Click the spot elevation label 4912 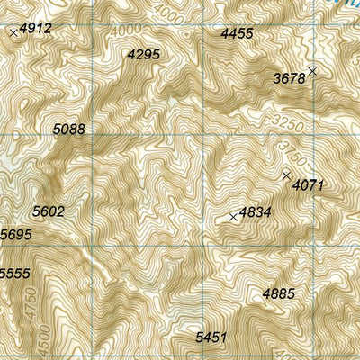tap(36, 29)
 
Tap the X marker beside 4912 tap(13, 32)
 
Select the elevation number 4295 tap(144, 55)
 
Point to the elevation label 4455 tap(237, 33)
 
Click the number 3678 tap(289, 79)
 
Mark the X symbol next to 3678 tap(312, 70)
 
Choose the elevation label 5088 tap(69, 130)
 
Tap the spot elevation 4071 tap(308, 185)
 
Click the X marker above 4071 tap(287, 175)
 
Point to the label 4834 tap(256, 213)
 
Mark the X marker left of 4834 tap(233, 217)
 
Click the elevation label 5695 tap(16, 235)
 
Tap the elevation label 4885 tap(278, 293)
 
